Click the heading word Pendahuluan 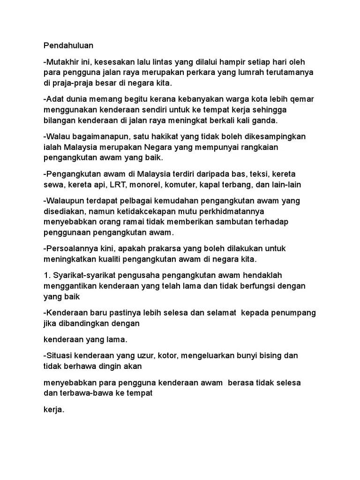tap(68, 45)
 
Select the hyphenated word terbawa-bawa tap(83, 393)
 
